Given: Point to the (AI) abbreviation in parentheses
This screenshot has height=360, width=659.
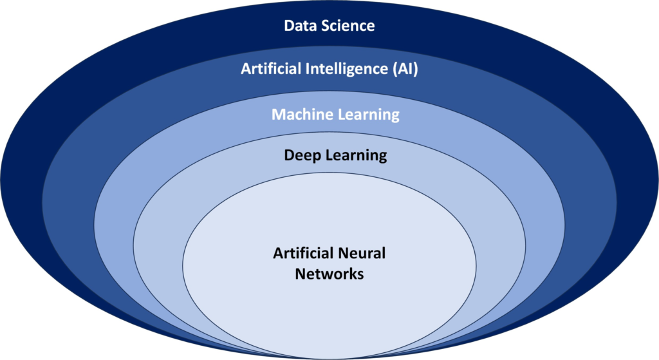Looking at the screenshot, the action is pos(405,69).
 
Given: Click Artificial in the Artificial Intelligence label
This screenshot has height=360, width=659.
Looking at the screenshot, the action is pos(271,68).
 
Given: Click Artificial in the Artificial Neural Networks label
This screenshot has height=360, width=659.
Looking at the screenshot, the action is pos(303,253).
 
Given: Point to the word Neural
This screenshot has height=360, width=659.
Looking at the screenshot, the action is pos(362,253).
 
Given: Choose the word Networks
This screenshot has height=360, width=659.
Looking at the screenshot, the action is pos(329,274).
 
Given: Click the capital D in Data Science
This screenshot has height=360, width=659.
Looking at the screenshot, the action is pos(289,26).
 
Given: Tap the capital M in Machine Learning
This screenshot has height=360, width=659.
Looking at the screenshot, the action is pos(279,115).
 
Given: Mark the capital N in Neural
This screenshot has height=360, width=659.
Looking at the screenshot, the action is pos(342,254).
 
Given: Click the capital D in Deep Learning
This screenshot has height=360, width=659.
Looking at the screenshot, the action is pos(289,155).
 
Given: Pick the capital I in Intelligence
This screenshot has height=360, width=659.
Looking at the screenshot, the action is pos(307,68).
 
